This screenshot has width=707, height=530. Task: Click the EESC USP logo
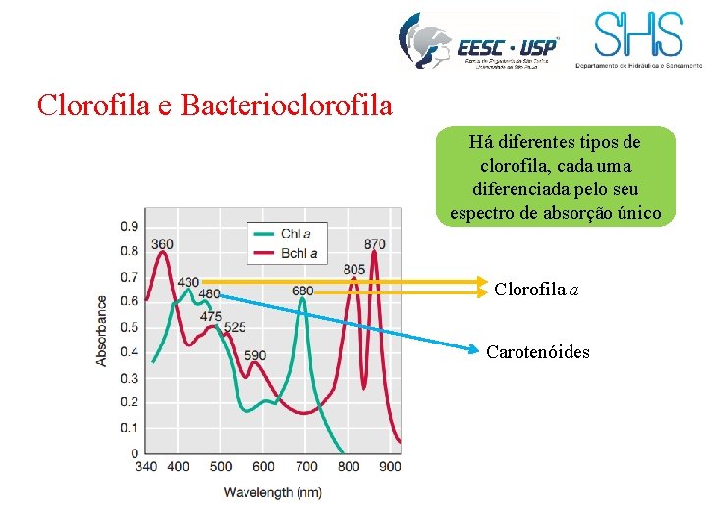coord(478,41)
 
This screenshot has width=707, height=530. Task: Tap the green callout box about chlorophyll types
coord(556,178)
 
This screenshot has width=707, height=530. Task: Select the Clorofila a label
coord(536,289)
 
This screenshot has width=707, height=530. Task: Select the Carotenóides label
coord(538,351)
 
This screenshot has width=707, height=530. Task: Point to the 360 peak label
coord(163,244)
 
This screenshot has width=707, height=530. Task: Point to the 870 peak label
coord(373,244)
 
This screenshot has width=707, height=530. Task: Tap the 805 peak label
coord(353,269)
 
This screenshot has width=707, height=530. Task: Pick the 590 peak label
coord(254,355)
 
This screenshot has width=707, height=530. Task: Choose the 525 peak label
coord(234,327)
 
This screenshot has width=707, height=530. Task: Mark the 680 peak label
coord(302,291)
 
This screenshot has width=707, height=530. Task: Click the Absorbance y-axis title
coord(102,331)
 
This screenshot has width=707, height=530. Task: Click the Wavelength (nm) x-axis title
coord(272,491)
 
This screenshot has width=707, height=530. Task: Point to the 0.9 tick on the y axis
coord(129,226)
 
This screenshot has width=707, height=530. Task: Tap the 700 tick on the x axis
coord(305,466)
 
